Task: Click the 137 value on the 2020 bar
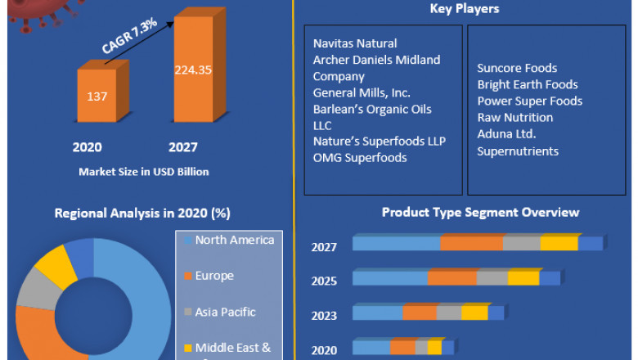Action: (x=97, y=97)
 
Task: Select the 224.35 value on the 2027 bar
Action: (x=193, y=70)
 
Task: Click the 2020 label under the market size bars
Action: (x=87, y=147)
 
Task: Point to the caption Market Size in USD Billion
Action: (x=143, y=172)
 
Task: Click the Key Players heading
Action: (x=465, y=9)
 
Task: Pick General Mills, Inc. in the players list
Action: (x=362, y=92)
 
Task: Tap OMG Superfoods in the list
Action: (x=360, y=158)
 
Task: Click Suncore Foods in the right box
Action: (x=517, y=68)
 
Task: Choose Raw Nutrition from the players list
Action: (x=515, y=117)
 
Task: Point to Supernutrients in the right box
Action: (x=518, y=151)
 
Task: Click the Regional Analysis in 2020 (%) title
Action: (x=142, y=213)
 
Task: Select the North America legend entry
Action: (x=234, y=240)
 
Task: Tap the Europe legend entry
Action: (x=213, y=276)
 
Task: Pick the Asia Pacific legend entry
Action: (x=225, y=312)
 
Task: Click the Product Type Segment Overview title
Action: (x=481, y=213)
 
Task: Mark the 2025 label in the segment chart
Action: (x=324, y=281)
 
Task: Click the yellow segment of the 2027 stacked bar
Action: (x=559, y=244)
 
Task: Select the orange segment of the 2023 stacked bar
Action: (x=420, y=313)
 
